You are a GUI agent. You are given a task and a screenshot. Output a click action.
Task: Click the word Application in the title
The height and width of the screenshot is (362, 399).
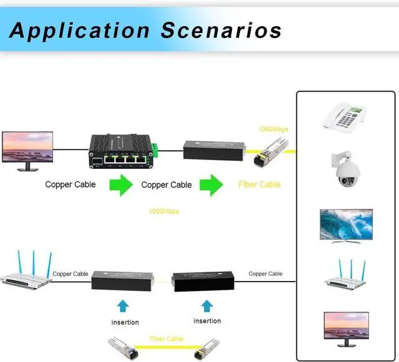(x=79, y=29)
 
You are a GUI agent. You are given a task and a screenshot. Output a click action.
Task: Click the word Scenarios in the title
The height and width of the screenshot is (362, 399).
(x=221, y=29)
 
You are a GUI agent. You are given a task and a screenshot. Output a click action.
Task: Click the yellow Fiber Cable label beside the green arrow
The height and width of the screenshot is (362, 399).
(x=259, y=184)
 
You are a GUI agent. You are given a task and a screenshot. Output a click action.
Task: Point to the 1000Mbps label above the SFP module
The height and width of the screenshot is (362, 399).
(x=273, y=129)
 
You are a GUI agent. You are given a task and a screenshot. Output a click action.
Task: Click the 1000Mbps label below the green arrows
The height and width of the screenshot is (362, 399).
(x=163, y=211)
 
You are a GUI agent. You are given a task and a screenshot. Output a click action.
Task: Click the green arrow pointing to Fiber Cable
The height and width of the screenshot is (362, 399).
(x=211, y=184)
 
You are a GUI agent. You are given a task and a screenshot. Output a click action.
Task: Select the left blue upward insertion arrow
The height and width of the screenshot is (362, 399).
(x=123, y=305)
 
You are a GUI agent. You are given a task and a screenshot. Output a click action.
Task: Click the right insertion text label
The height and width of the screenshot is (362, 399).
(x=207, y=321)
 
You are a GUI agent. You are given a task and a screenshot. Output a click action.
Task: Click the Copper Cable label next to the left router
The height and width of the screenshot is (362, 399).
(x=70, y=274)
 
